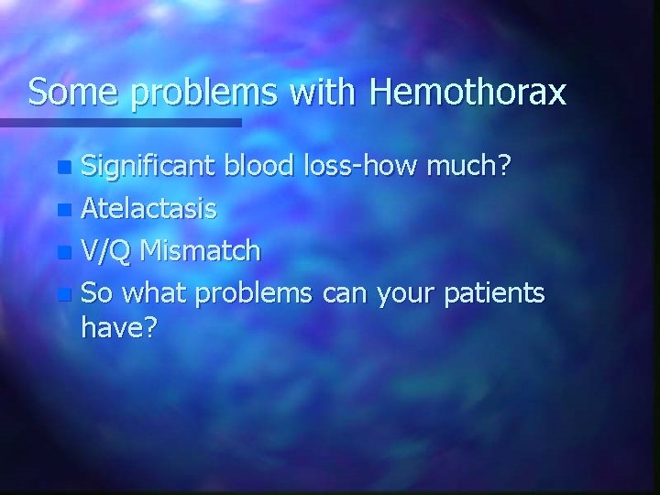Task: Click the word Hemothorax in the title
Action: click(467, 93)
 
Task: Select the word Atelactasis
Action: click(149, 208)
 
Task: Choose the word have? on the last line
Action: click(119, 328)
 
